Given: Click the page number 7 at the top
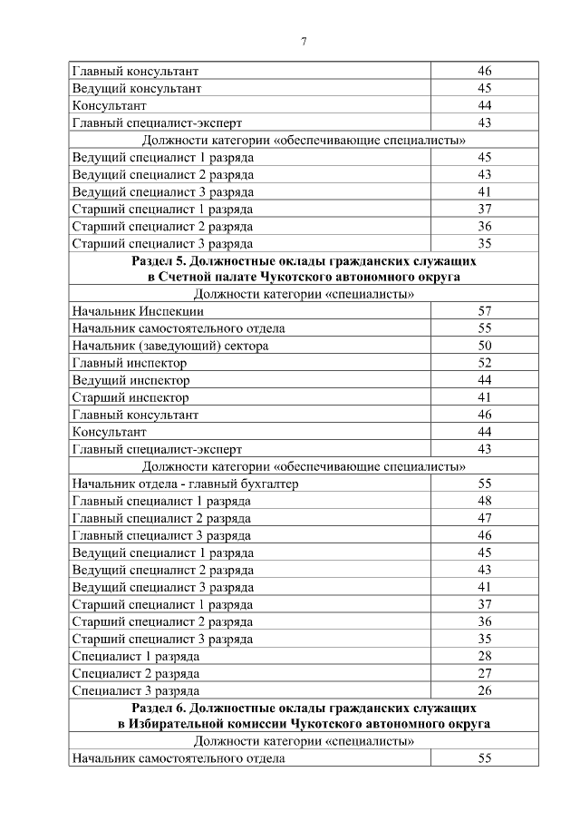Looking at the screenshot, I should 304,40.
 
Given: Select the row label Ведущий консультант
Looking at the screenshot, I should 136,88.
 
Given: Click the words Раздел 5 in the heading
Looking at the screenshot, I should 160,260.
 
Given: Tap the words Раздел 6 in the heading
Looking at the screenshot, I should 160,707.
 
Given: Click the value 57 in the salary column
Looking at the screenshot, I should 484,311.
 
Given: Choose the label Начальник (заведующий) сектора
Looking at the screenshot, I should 170,346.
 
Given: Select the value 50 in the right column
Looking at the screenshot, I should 484,346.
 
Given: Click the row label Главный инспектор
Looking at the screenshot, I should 130,363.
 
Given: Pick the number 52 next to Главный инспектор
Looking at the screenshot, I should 484,363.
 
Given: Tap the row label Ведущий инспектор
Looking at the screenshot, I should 130,380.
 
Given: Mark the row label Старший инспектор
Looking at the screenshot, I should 130,397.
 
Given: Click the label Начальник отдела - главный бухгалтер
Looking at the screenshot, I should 186,484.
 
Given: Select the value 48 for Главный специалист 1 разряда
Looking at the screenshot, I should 484,501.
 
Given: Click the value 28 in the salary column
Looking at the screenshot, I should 484,656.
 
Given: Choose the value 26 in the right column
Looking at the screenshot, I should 484,690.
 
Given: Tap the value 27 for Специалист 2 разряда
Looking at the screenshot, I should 484,673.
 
